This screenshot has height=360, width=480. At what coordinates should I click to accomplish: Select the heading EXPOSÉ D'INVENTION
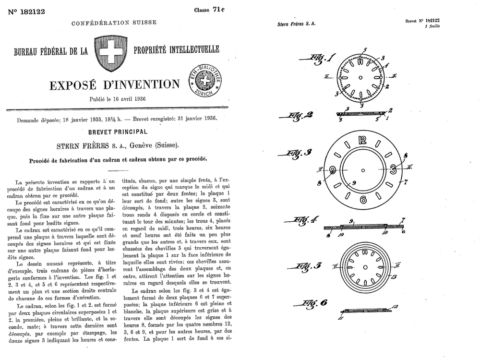[114, 85]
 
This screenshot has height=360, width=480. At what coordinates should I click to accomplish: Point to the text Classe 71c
[209, 10]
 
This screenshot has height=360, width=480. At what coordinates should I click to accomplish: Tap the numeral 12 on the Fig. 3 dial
[362, 141]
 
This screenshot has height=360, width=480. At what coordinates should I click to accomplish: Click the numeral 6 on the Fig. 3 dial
[363, 200]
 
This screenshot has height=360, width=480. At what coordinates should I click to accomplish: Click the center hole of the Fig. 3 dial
[363, 170]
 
